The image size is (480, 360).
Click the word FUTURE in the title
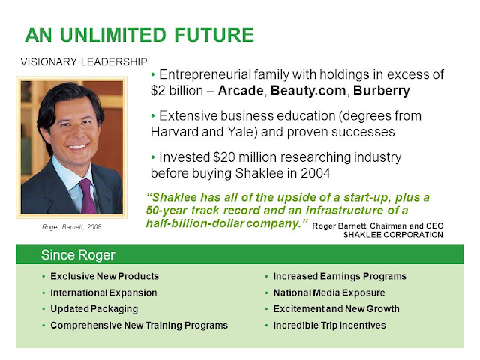[x=214, y=35]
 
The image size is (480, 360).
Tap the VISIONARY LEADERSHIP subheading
[x=84, y=61]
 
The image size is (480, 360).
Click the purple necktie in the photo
[x=87, y=196]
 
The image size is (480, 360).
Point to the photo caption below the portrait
[x=72, y=227]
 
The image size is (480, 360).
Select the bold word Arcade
[x=241, y=90]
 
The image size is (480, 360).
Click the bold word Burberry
[x=382, y=91]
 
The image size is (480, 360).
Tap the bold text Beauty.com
[x=308, y=91]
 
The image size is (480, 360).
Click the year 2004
[x=316, y=173]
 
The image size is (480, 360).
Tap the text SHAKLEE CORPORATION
[x=393, y=235]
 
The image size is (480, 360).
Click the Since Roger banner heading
[x=78, y=255]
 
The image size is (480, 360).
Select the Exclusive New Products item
[x=105, y=276]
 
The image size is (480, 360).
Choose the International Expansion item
[x=103, y=292]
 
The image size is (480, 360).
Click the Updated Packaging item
[x=94, y=309]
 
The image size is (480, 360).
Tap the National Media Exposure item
[x=329, y=292]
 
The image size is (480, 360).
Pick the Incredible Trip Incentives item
[x=330, y=325]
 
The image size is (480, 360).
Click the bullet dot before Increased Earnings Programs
[x=267, y=277]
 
